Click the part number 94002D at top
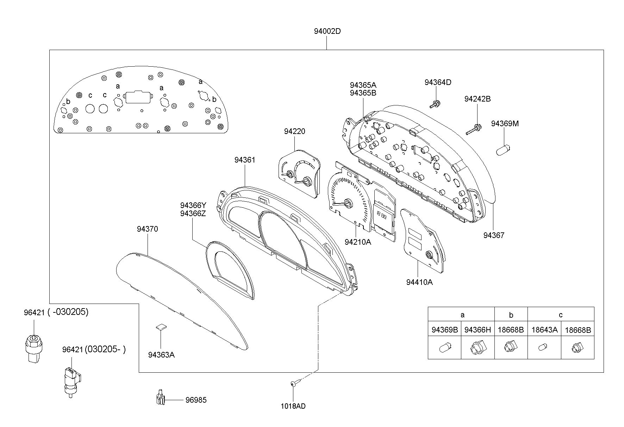pyautogui.click(x=327, y=31)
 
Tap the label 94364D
pyautogui.click(x=438, y=82)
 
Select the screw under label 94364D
pyautogui.click(x=435, y=104)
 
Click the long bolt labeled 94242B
pyautogui.click(x=474, y=129)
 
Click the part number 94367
pyautogui.click(x=494, y=235)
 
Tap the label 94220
pyautogui.click(x=295, y=132)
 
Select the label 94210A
pyautogui.click(x=358, y=242)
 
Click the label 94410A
pyautogui.click(x=419, y=282)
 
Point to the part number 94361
pyautogui.click(x=245, y=160)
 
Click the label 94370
pyautogui.click(x=148, y=229)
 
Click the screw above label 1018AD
pyautogui.click(x=295, y=383)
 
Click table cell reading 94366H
pyautogui.click(x=478, y=330)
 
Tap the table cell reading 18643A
pyautogui.click(x=544, y=330)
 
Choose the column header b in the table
pyautogui.click(x=511, y=315)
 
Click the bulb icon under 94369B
pyautogui.click(x=444, y=349)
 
